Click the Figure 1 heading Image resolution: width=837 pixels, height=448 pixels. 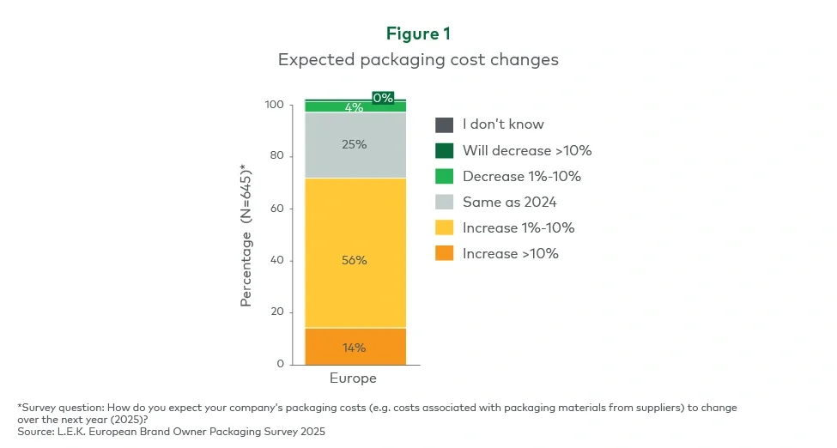pyautogui.click(x=418, y=33)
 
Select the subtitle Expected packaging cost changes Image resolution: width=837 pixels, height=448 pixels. pyautogui.click(x=418, y=60)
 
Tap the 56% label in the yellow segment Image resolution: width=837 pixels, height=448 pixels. pyautogui.click(x=355, y=260)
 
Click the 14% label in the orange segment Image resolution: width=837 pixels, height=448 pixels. pyautogui.click(x=355, y=348)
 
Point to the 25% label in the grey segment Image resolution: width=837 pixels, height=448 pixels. pyautogui.click(x=355, y=144)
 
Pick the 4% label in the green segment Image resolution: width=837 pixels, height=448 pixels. pyautogui.click(x=354, y=107)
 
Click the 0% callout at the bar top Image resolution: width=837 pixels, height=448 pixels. pyautogui.click(x=383, y=98)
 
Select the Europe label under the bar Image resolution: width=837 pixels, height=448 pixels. pyautogui.click(x=354, y=378)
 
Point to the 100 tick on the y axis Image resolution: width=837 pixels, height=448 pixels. pyautogui.click(x=274, y=105)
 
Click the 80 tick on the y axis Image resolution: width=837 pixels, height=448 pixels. pyautogui.click(x=276, y=156)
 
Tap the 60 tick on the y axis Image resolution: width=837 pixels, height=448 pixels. pyautogui.click(x=276, y=209)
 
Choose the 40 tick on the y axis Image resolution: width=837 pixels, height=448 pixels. pyautogui.click(x=276, y=261)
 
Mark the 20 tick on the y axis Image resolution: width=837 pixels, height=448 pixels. pyautogui.click(x=276, y=312)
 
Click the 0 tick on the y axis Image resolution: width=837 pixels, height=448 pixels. pyautogui.click(x=280, y=365)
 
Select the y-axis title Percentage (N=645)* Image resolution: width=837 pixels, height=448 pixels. pyautogui.click(x=247, y=234)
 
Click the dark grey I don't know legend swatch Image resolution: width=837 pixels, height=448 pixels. pyautogui.click(x=444, y=124)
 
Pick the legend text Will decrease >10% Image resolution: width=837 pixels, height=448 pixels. pyautogui.click(x=527, y=150)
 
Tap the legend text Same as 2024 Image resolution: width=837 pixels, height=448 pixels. pyautogui.click(x=510, y=202)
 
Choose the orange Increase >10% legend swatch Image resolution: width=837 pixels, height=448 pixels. pyautogui.click(x=444, y=253)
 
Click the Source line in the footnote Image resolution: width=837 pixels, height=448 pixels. pyautogui.click(x=172, y=432)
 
